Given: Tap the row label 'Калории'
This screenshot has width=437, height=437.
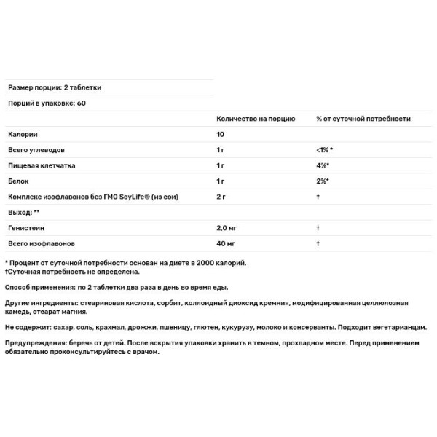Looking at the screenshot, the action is (23, 135).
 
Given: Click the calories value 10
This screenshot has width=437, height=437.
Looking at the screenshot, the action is (221, 135).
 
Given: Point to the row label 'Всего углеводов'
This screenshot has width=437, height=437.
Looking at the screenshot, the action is (36, 150).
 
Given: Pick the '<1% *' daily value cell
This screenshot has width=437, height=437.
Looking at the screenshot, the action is (324, 150).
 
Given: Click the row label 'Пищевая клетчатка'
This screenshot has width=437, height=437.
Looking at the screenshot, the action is (41, 165).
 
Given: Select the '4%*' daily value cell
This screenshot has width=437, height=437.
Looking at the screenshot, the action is (321, 165).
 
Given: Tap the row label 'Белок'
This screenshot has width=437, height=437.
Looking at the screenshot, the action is (20, 181).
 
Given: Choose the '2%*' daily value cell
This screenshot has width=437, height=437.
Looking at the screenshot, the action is (321, 181).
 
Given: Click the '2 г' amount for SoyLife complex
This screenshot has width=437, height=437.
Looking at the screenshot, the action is (221, 197).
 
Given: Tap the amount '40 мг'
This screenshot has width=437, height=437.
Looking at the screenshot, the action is (226, 243).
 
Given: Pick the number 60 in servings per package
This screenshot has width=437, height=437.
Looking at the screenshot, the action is (81, 103).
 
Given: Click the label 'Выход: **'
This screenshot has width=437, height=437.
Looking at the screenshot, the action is (23, 212).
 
